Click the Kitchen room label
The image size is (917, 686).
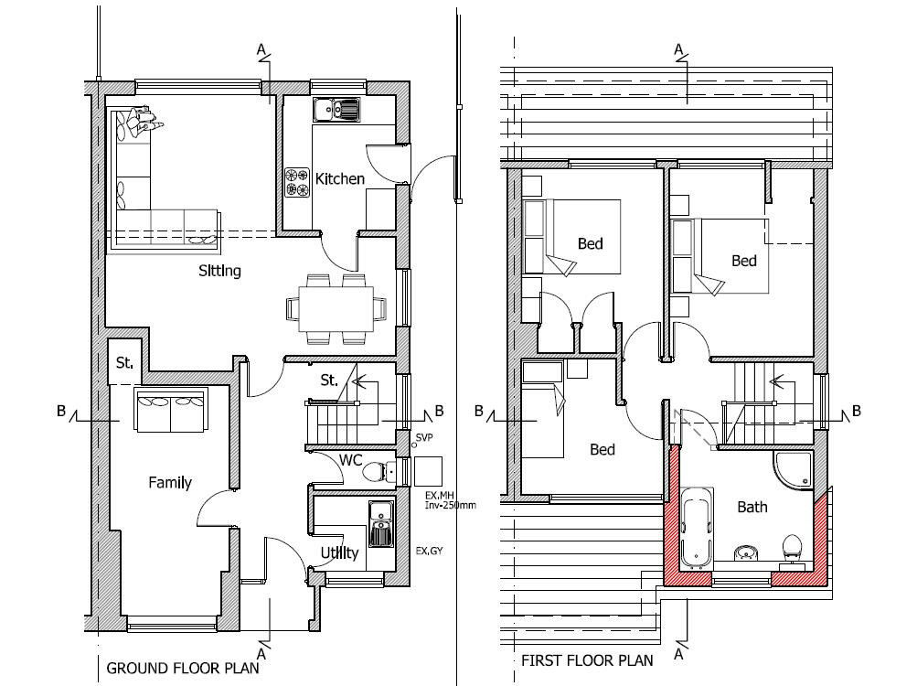point(340,178)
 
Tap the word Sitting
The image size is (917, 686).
point(220,271)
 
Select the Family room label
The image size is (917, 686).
point(170,482)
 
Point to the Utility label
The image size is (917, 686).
point(339,553)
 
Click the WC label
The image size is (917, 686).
point(351,460)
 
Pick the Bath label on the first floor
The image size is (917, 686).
point(752,507)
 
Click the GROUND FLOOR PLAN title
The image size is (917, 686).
point(183,668)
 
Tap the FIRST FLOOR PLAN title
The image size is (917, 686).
point(587,660)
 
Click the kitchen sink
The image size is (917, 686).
point(336,110)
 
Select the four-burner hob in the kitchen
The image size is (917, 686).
point(297,182)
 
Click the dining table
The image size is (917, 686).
point(336,308)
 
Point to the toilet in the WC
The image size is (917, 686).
point(379,470)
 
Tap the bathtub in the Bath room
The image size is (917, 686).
point(697,528)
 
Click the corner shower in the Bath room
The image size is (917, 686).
point(794,469)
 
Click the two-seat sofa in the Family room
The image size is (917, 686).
point(171,409)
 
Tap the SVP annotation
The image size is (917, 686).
point(424,438)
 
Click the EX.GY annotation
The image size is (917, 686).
point(430,551)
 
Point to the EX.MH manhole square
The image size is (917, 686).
point(428,471)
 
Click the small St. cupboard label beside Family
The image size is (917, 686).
point(124,363)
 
